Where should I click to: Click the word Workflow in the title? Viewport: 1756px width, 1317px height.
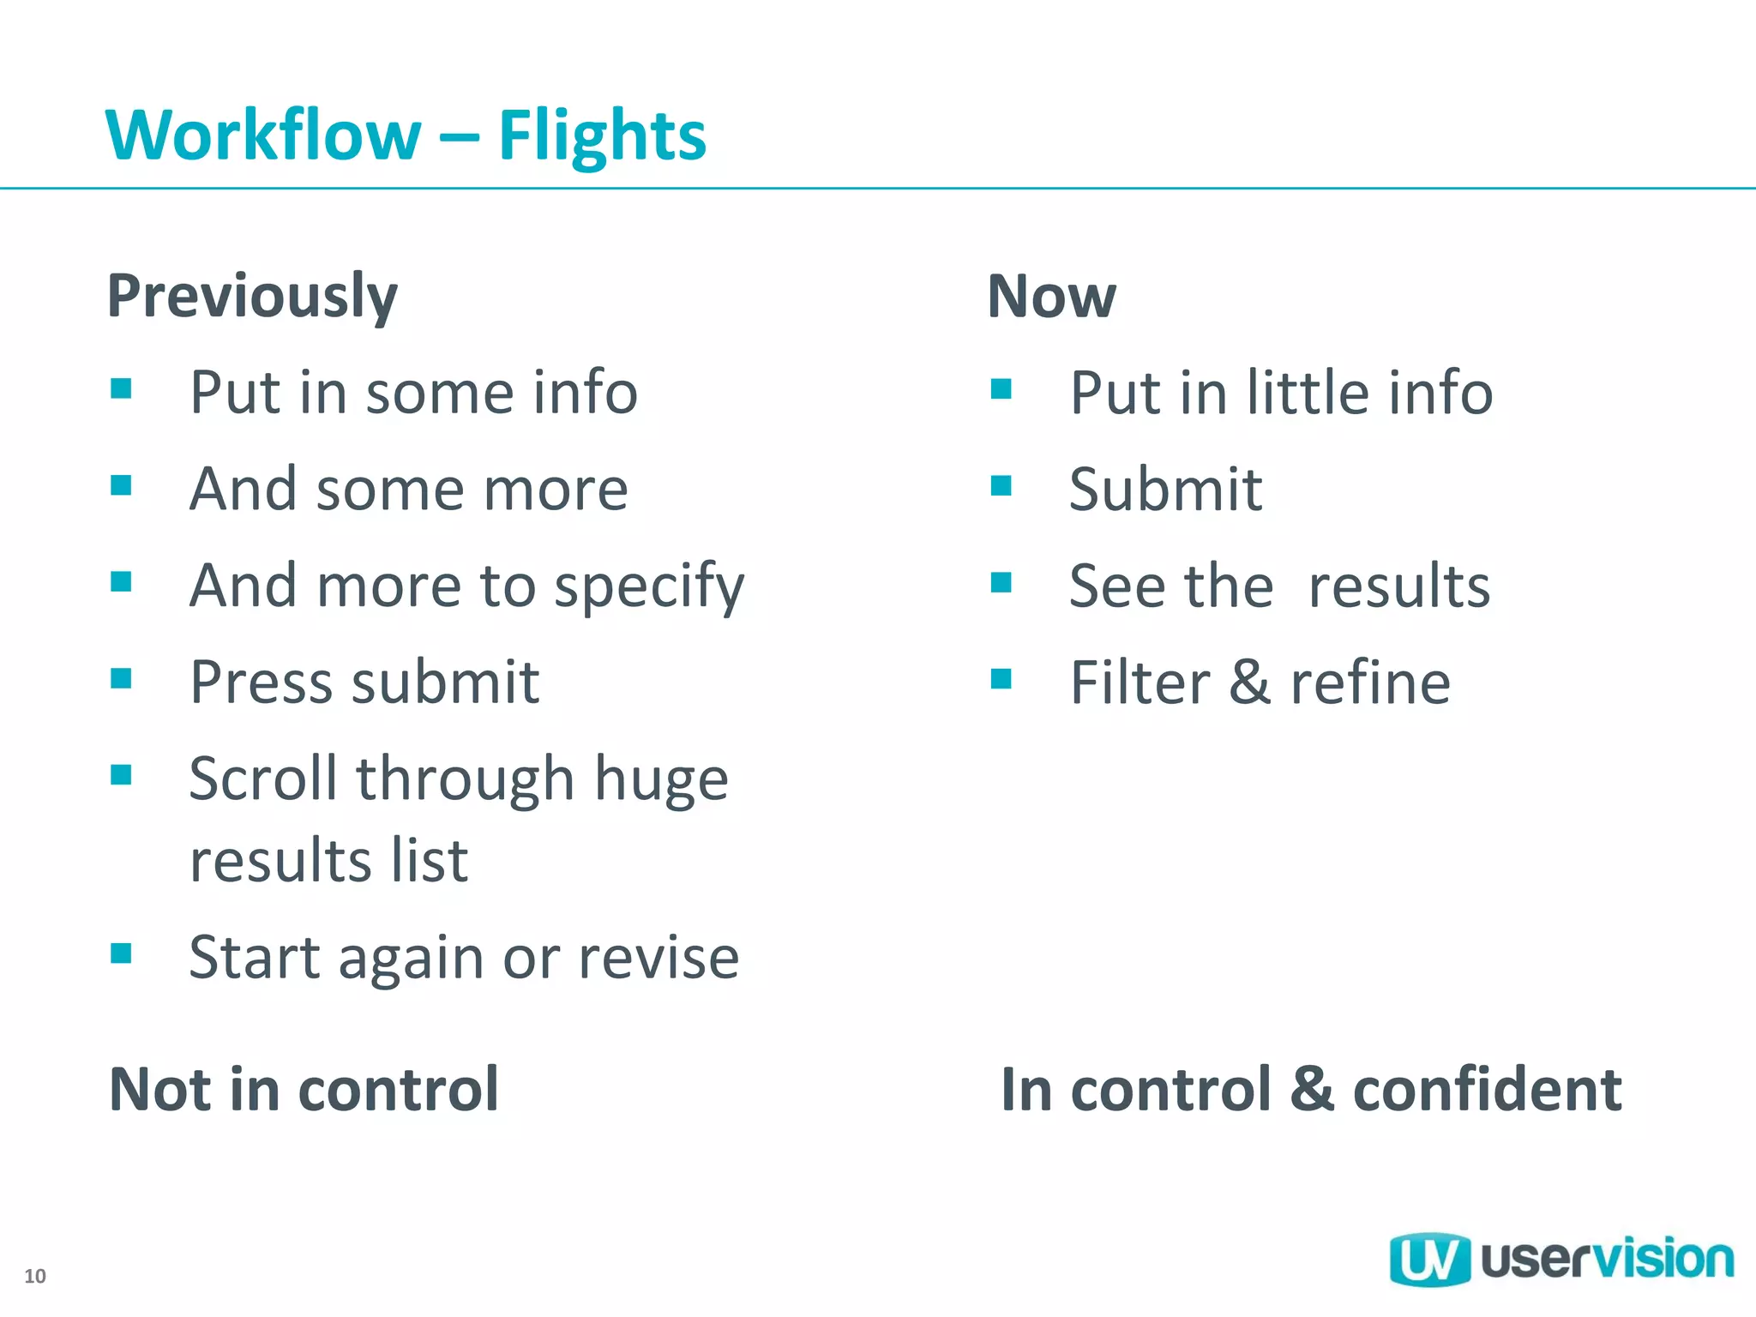[x=262, y=135]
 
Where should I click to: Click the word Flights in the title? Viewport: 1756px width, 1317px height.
[x=602, y=135]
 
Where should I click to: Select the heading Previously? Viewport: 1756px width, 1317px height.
[x=252, y=297]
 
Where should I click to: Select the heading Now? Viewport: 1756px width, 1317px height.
[x=1051, y=297]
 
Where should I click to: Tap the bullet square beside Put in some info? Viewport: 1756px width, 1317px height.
[x=121, y=389]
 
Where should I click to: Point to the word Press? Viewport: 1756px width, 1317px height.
[x=261, y=683]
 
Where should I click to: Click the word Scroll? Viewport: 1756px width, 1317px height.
[x=262, y=779]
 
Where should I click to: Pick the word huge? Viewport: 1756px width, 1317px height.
[x=661, y=780]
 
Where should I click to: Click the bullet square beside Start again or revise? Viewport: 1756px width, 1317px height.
[x=121, y=953]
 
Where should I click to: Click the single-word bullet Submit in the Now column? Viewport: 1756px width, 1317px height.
[x=1165, y=490]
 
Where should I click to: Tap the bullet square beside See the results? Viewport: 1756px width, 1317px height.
[x=1001, y=583]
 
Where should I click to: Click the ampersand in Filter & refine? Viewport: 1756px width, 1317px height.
[x=1249, y=683]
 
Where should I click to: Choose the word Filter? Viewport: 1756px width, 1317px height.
[x=1140, y=683]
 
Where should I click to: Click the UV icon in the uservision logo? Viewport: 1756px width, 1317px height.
[x=1428, y=1260]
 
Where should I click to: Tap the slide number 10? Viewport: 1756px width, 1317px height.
[x=35, y=1276]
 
